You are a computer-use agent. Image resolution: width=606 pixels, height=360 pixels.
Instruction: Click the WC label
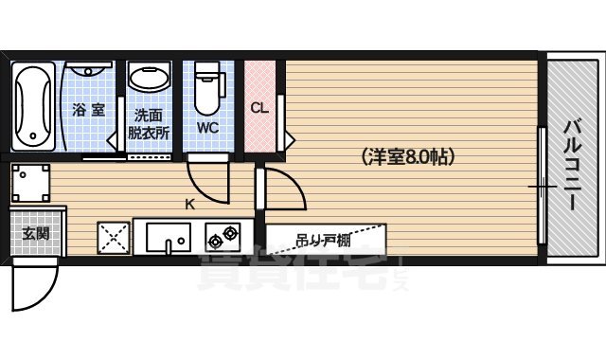pyautogui.click(x=208, y=125)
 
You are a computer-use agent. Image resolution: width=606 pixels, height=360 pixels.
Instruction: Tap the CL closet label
pyautogui.click(x=259, y=107)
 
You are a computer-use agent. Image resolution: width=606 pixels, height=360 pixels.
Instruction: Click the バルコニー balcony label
pyautogui.click(x=573, y=157)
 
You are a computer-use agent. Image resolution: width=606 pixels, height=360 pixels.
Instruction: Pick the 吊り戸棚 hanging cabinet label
pyautogui.click(x=323, y=240)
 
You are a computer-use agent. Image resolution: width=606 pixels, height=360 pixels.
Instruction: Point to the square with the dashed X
pyautogui.click(x=113, y=237)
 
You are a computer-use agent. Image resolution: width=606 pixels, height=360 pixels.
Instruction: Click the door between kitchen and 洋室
pyautogui.click(x=283, y=192)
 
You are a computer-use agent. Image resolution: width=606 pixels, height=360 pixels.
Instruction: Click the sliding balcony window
pyautogui.click(x=542, y=186)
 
